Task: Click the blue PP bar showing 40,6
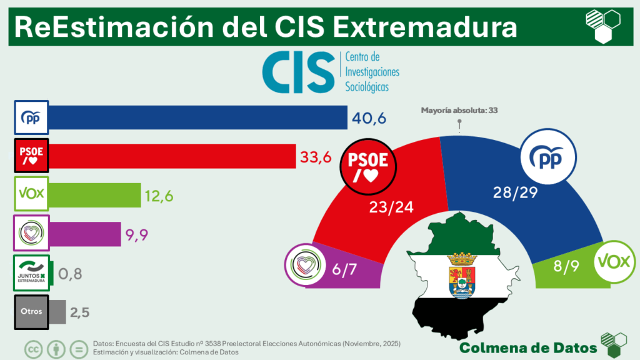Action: coord(197,118)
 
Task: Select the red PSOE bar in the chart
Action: coord(171,155)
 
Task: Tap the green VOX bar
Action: coord(94,194)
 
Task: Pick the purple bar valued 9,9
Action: coord(84,234)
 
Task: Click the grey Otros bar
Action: coord(57,311)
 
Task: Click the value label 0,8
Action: coord(70,273)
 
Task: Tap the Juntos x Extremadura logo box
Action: coord(31,273)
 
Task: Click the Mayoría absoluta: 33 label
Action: coord(459,111)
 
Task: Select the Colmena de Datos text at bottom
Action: coord(527,347)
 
